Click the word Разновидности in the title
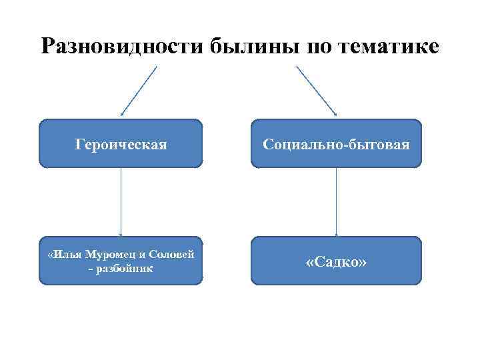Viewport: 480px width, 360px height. tap(123, 46)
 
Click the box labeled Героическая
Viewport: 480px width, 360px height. tap(121, 143)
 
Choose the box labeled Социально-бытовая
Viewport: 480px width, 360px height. tap(336, 143)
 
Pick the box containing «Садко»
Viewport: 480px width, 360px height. tap(336, 261)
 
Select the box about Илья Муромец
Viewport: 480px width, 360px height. tap(121, 261)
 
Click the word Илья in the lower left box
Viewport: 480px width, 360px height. tap(67, 255)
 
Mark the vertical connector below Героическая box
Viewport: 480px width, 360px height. tap(121, 200)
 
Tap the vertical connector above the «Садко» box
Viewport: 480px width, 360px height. tap(336, 200)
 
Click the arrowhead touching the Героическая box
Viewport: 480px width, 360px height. tap(122, 115)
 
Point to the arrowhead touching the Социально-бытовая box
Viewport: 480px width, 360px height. tap(334, 115)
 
